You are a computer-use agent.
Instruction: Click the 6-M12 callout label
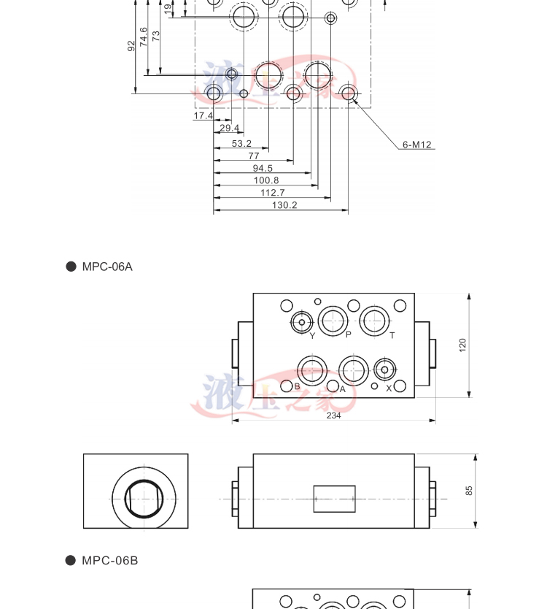[418, 145]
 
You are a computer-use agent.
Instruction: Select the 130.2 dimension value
[284, 205]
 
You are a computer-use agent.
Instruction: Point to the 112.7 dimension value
[273, 193]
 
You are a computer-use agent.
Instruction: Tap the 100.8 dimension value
[266, 180]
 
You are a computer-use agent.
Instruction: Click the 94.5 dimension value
[263, 169]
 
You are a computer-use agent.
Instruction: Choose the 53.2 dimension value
[241, 144]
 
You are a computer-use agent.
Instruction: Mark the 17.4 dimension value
[203, 116]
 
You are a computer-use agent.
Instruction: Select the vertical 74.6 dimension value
[144, 37]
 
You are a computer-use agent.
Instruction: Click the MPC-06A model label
[107, 267]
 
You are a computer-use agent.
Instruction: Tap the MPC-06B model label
[109, 561]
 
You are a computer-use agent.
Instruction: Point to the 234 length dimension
[333, 415]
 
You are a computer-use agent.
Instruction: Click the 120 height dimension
[462, 345]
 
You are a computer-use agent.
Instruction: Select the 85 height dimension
[469, 490]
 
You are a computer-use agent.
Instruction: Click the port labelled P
[333, 321]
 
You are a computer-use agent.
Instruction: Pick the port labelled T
[375, 321]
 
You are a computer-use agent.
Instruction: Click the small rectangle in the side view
[334, 499]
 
